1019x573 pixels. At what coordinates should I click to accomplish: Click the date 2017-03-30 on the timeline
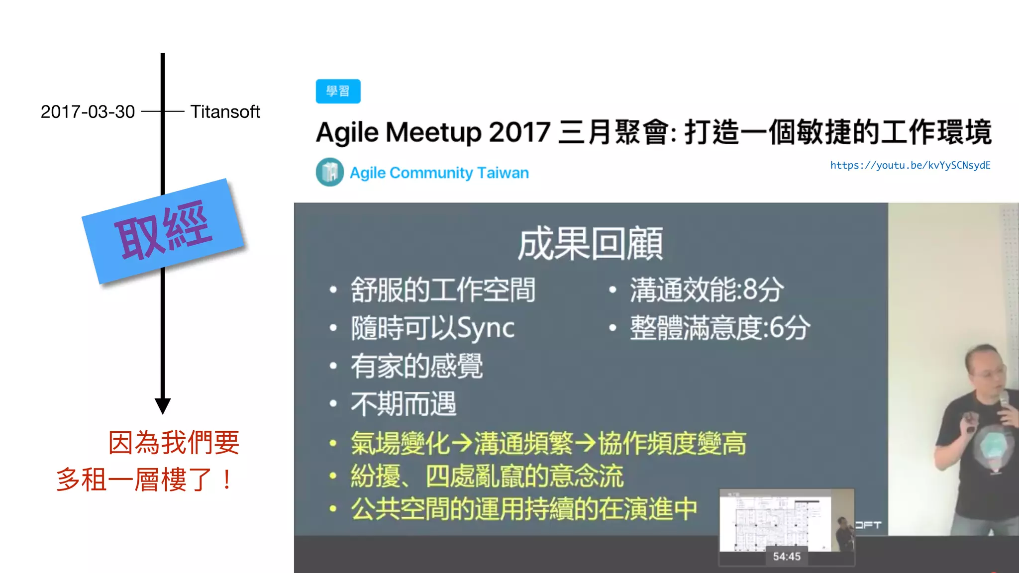point(88,112)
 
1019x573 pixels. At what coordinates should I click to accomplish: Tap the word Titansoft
point(225,112)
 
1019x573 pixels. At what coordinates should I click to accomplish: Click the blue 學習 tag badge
point(338,92)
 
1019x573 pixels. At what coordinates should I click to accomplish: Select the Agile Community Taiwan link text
point(439,173)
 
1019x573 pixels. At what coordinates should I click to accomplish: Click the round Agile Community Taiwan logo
point(329,172)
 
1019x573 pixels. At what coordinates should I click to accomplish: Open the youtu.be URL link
point(910,165)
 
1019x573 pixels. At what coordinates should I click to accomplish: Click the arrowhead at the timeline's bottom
point(163,405)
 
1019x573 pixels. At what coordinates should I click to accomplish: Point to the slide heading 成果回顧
point(590,244)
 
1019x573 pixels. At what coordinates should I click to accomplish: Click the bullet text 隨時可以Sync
point(432,328)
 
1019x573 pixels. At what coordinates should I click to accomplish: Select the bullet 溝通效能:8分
point(707,290)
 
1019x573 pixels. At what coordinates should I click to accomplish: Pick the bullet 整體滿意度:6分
point(719,328)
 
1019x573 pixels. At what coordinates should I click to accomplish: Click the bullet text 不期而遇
point(404,404)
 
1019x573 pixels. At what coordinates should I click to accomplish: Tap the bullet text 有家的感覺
point(416,366)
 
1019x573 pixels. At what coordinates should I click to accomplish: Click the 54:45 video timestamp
point(787,557)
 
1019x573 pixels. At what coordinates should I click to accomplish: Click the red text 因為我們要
point(174,443)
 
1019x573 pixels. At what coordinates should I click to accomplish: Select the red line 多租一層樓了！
point(144,480)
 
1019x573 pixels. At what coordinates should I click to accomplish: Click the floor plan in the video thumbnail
point(774,522)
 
